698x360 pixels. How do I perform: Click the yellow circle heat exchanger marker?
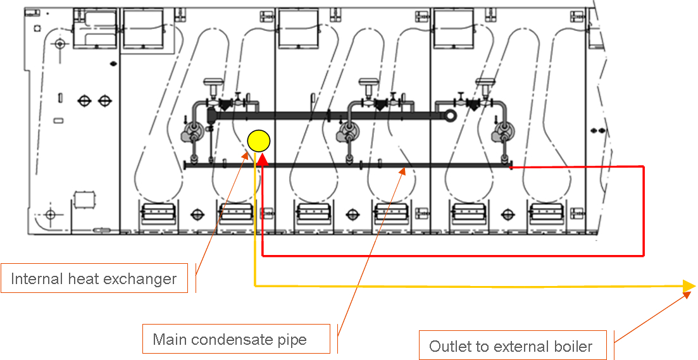(x=259, y=140)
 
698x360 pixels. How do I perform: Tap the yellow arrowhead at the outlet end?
(x=689, y=287)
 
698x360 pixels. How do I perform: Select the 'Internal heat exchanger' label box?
(x=94, y=278)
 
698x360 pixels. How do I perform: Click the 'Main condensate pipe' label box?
(x=235, y=339)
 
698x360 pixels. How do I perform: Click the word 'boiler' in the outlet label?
(x=572, y=346)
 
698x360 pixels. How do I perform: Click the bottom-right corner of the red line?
(x=643, y=256)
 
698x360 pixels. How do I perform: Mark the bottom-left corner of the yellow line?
(x=254, y=286)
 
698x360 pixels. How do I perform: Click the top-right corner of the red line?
(x=643, y=167)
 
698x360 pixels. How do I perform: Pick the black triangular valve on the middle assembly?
(x=380, y=105)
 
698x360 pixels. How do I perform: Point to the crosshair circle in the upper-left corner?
(x=60, y=44)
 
